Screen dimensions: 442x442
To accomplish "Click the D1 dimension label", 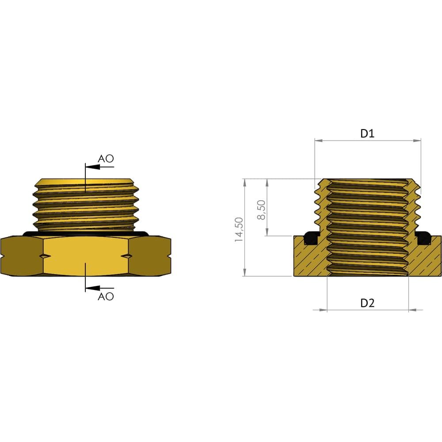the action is (367, 133).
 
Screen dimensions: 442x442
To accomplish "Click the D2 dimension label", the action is (367, 303).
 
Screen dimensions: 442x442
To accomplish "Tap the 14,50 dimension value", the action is (239, 229).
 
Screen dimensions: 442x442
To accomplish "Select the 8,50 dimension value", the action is (261, 210).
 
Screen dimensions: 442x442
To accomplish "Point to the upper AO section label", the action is (106, 159).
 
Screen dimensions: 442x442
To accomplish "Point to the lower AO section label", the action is (106, 296).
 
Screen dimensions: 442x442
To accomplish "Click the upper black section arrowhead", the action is (92, 167).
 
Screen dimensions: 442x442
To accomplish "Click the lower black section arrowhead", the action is (92, 288).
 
